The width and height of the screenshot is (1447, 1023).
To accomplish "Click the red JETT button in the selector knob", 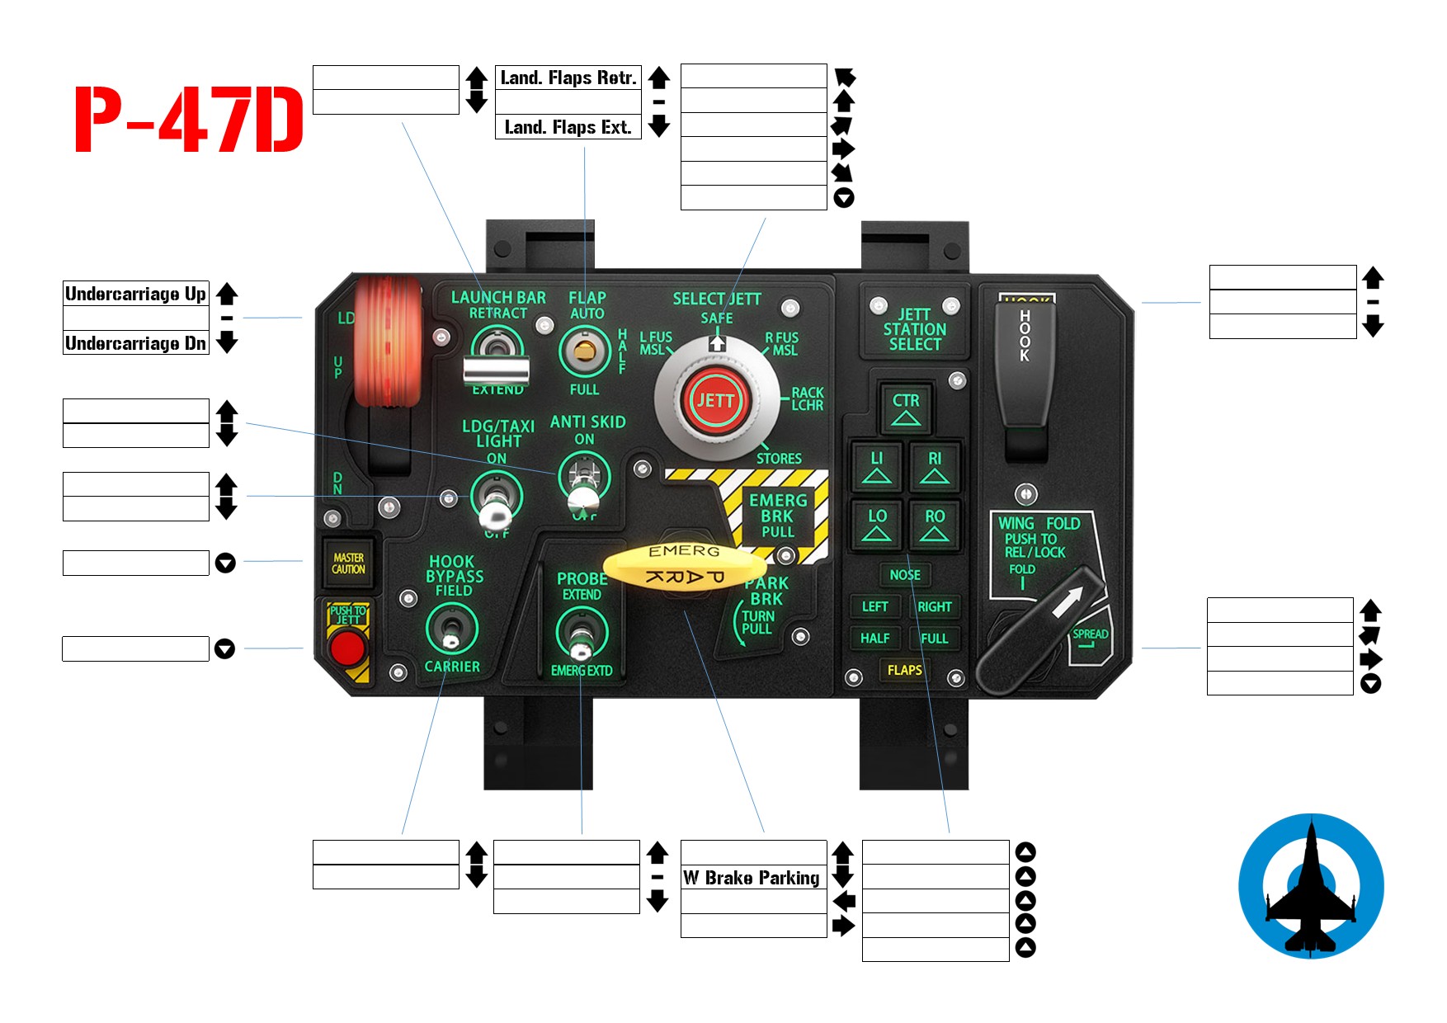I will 715,401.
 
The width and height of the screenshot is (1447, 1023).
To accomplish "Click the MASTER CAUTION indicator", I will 348,563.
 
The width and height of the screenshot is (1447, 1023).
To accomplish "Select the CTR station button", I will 905,408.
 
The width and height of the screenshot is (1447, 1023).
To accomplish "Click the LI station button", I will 876,467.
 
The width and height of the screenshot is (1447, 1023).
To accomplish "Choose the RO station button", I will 934,525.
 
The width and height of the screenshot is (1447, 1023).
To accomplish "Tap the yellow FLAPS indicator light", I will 904,670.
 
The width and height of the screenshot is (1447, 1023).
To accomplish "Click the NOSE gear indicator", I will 905,574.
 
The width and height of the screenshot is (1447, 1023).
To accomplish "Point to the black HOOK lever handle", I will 1025,363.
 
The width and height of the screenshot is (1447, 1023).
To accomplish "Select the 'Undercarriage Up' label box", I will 136,294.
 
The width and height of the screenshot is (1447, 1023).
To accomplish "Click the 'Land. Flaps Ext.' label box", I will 568,127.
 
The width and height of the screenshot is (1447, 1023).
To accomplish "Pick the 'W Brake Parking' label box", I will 752,877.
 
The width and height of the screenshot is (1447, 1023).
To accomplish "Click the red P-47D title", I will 189,120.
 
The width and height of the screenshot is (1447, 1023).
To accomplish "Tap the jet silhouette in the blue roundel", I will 1311,887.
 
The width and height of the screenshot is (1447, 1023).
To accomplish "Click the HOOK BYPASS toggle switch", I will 450,630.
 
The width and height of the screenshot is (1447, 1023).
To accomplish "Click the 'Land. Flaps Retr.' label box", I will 568,78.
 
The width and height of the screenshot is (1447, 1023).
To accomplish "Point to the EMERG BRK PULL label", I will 777,516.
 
